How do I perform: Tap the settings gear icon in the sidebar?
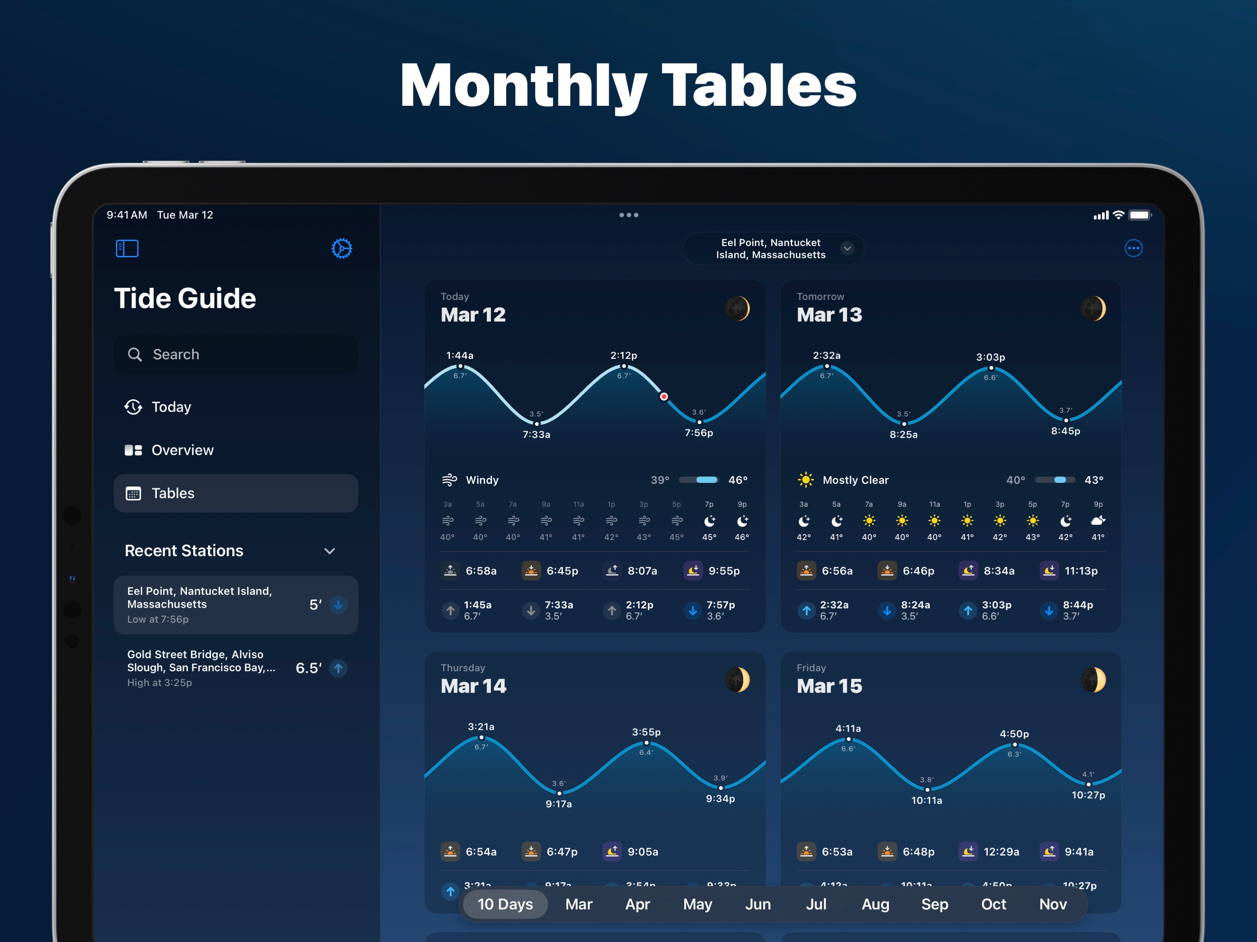(341, 248)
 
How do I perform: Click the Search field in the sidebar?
(236, 355)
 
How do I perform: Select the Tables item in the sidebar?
(236, 493)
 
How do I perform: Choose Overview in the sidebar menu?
(182, 450)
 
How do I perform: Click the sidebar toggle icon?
(127, 248)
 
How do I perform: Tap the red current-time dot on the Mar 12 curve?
(664, 396)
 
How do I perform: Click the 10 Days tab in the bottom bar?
(505, 904)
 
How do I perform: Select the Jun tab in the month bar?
(758, 904)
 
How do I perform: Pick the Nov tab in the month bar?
(1052, 904)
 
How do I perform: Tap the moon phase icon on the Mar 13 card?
(1093, 309)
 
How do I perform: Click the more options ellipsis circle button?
(1133, 248)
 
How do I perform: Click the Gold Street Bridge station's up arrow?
(338, 668)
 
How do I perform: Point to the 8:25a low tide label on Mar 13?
(904, 435)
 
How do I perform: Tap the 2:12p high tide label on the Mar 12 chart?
(623, 356)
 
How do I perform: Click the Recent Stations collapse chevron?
(329, 551)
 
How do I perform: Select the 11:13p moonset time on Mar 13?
(1081, 571)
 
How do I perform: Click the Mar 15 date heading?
(829, 686)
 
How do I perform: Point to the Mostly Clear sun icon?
(805, 480)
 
